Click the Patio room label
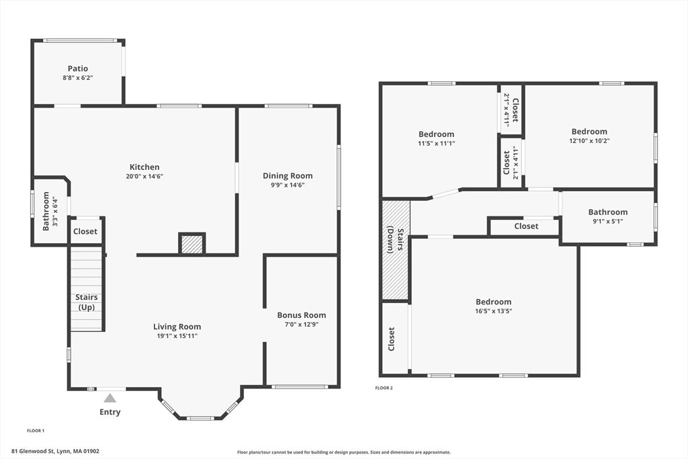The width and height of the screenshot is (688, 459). click(x=78, y=69)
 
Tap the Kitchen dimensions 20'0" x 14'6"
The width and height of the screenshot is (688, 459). click(x=145, y=176)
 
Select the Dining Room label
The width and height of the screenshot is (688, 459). click(x=288, y=175)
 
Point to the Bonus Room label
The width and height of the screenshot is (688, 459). click(x=302, y=315)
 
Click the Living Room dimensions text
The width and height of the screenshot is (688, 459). click(x=177, y=336)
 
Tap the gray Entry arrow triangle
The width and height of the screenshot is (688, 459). click(x=110, y=398)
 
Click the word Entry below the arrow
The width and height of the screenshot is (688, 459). click(x=110, y=412)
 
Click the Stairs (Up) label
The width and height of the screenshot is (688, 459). click(x=87, y=302)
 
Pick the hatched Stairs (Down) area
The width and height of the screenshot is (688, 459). click(x=396, y=250)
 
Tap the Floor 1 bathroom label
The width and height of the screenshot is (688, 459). click(x=46, y=211)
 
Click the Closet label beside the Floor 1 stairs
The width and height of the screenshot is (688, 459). click(x=85, y=231)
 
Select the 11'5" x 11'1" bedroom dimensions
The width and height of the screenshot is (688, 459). click(x=437, y=144)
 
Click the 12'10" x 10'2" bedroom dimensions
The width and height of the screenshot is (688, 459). click(x=589, y=141)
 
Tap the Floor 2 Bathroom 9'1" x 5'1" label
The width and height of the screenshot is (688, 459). click(x=607, y=216)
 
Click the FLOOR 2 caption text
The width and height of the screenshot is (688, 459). click(x=384, y=388)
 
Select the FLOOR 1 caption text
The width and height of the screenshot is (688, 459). click(x=36, y=431)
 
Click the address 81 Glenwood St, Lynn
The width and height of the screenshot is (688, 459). click(x=55, y=451)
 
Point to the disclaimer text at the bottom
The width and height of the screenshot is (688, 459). click(x=344, y=452)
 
